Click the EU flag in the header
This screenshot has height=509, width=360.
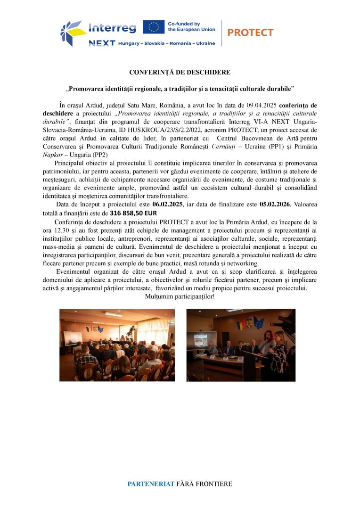point(154,27)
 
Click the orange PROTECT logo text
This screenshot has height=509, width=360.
point(250,33)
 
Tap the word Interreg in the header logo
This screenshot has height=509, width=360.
point(112,28)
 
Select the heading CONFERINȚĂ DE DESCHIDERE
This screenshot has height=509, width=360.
point(180,72)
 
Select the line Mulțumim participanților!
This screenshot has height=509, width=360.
point(180,296)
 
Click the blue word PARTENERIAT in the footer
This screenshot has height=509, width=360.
point(151,484)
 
